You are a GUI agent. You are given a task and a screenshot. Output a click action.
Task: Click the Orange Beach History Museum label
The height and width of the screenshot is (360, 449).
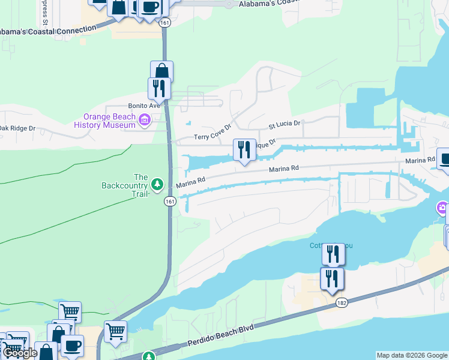pos(105,121)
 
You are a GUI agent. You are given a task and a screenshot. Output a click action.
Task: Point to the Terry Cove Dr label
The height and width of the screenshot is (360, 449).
pos(212,137)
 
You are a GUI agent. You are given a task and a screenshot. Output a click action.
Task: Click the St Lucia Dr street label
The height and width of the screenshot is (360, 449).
pos(284,125)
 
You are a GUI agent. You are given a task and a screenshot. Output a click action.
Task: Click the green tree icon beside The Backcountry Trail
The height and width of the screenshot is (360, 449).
pos(157,183)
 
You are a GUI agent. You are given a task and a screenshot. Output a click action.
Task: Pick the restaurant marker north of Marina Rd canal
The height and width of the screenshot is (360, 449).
pos(244,149)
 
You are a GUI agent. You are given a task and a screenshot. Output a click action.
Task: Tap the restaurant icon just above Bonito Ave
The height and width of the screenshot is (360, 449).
pos(159,88)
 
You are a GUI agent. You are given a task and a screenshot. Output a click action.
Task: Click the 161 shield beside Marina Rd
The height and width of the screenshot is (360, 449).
pos(171,201)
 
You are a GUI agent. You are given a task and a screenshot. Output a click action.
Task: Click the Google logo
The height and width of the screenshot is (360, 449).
pos(20,353)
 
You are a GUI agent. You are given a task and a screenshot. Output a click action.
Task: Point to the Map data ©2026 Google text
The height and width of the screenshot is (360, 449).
pos(412,355)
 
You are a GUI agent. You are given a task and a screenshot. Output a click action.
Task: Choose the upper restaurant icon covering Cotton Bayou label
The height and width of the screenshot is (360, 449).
pos(333,254)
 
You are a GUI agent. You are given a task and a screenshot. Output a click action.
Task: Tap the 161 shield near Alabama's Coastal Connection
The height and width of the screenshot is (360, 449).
pos(165,22)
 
